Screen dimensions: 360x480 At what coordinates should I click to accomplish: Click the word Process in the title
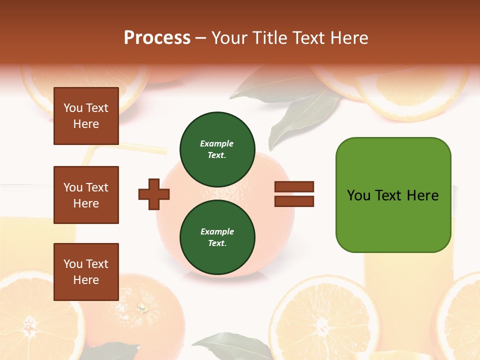[157, 38]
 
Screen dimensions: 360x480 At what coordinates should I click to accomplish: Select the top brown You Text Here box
[86, 116]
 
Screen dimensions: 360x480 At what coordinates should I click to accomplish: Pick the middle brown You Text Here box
[86, 195]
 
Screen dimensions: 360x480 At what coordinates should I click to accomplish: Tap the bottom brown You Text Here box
[86, 272]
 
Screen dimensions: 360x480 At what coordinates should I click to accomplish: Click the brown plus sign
[154, 194]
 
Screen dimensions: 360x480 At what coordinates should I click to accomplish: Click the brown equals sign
[294, 194]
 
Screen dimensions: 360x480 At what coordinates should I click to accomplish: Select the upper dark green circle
[217, 149]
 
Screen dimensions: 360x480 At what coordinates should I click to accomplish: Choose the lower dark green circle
[217, 237]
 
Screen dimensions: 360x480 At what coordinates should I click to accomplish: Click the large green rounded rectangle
[393, 195]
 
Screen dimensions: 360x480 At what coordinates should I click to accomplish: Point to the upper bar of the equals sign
[294, 187]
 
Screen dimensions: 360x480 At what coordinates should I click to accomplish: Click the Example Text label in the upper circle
[217, 149]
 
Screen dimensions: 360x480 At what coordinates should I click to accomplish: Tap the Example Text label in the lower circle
[217, 237]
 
